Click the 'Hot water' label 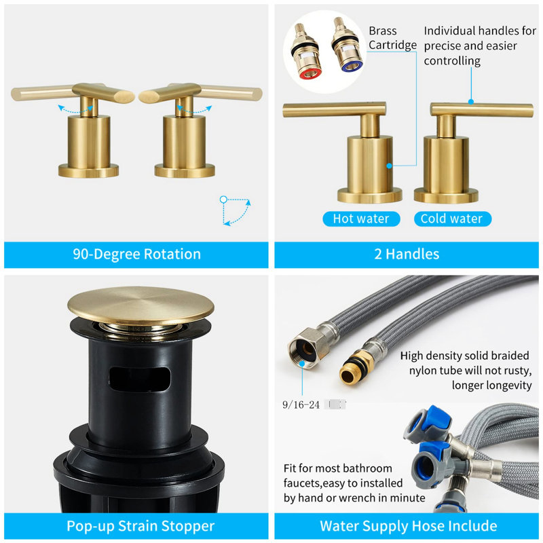click(361, 219)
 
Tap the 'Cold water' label click(452, 219)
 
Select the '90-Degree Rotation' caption click(137, 254)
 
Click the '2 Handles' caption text click(407, 254)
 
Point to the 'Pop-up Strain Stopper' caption click(141, 526)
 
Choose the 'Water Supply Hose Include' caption click(409, 526)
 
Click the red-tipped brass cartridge click(305, 52)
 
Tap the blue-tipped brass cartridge click(347, 45)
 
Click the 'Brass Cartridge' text click(392, 38)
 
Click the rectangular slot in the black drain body click(140, 379)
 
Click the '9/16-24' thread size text click(301, 405)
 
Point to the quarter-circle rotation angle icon click(235, 211)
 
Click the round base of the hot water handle click(369, 195)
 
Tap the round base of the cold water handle click(446, 195)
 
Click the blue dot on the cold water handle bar click(471, 102)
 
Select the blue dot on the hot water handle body click(389, 166)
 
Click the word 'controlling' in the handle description click(452, 61)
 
